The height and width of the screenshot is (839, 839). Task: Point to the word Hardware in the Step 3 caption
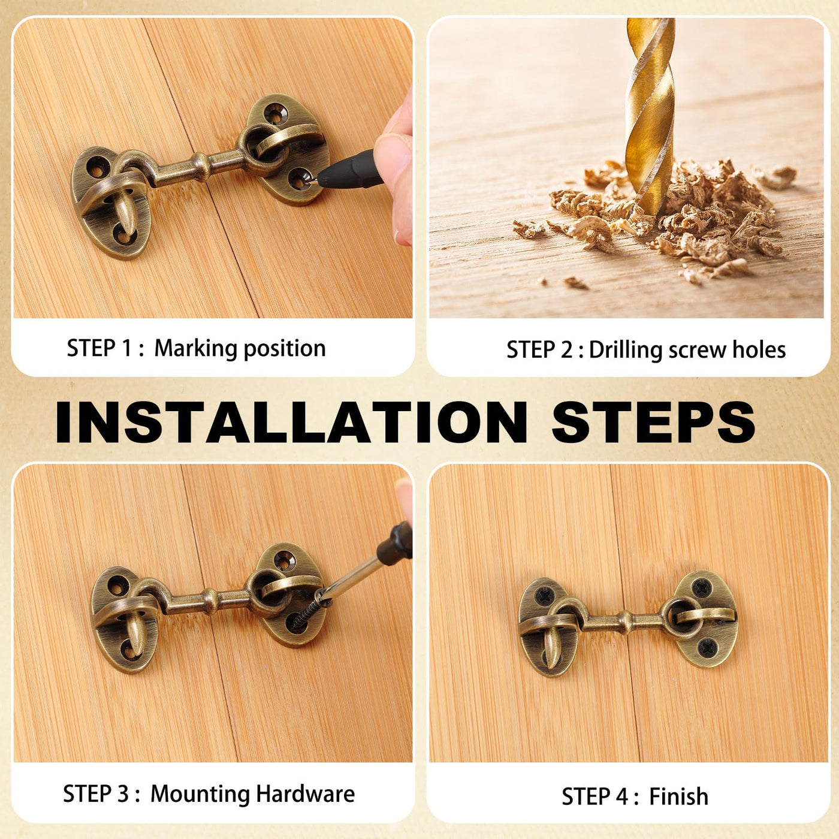305,793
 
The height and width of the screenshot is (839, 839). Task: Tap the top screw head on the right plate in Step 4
702,588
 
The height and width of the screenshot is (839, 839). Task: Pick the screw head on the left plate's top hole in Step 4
543,595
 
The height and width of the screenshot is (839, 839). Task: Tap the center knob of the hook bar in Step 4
625,618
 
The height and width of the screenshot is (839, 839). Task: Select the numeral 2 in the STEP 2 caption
566,350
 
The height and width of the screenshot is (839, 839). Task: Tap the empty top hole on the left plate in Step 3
117,584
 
